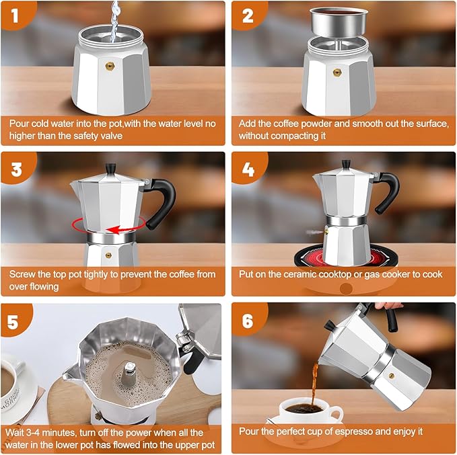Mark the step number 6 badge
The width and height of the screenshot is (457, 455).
pos(248,321)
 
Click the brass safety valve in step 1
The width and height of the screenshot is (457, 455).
pos(108,67)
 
